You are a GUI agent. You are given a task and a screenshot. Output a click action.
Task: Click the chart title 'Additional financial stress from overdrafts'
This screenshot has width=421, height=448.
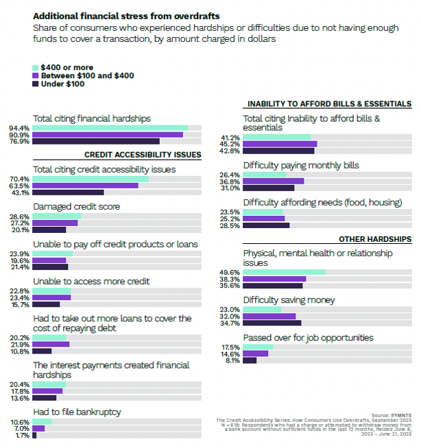120,15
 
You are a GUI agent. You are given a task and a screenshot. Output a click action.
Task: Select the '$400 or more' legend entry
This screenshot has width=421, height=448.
66,67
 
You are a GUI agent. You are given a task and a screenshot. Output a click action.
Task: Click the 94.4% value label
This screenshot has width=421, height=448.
19,128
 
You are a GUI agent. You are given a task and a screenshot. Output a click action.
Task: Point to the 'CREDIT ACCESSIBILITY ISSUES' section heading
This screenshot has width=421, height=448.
143,155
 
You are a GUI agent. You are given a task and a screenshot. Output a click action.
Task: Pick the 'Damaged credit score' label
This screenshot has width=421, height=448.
76,206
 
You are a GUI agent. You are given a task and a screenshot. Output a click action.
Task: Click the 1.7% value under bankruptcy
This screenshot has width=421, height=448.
21,435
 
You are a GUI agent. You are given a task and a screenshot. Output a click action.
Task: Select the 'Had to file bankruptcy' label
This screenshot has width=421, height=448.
77,412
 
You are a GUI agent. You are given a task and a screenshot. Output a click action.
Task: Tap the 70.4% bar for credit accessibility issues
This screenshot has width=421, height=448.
90,179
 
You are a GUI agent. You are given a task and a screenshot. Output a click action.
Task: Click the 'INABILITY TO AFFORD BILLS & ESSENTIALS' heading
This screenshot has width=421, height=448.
329,104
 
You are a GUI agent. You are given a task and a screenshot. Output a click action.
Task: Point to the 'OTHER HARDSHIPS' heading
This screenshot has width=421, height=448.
375,239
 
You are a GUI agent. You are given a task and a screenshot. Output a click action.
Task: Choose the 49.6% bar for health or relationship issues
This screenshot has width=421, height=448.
284,272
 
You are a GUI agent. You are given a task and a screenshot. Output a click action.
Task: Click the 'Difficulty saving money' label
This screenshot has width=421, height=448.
289,299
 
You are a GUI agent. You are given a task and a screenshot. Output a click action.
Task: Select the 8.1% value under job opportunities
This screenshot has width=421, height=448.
232,360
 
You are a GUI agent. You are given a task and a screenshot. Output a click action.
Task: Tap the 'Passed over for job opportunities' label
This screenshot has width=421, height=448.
308,337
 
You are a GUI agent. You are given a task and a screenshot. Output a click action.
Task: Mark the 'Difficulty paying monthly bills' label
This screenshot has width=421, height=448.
301,165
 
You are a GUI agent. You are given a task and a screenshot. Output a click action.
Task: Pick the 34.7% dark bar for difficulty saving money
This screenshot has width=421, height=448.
272,322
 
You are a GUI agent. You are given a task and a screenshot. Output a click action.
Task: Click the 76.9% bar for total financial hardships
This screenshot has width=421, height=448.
95,141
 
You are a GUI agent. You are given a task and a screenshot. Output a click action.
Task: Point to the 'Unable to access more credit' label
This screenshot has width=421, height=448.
91,281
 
